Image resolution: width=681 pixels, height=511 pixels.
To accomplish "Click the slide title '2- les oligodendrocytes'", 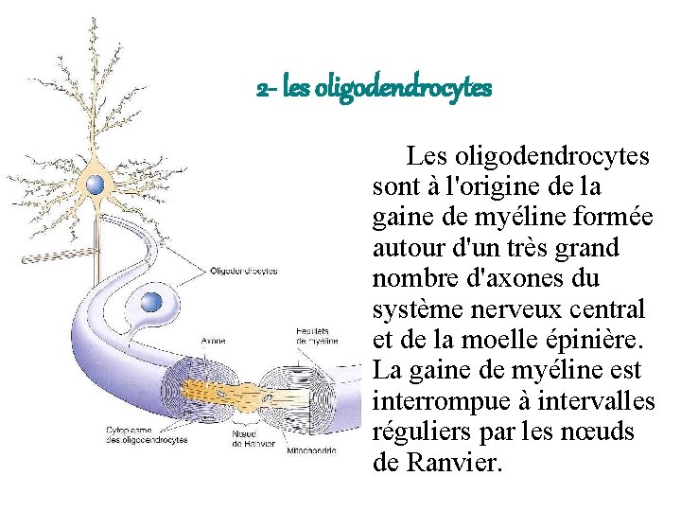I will [x=375, y=89].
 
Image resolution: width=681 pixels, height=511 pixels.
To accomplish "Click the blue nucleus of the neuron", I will [x=95, y=185].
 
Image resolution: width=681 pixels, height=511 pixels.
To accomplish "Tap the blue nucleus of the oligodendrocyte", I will [x=151, y=302].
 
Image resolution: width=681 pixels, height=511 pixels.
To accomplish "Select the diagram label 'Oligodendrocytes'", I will [x=244, y=271].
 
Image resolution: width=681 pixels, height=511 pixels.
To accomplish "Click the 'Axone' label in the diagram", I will [x=214, y=341].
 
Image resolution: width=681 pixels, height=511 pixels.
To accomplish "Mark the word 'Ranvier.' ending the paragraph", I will [x=454, y=464].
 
